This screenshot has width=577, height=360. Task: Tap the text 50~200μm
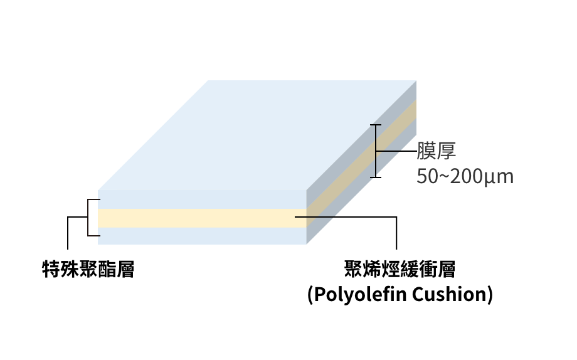(x=465, y=176)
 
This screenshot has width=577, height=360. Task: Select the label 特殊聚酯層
(x=88, y=270)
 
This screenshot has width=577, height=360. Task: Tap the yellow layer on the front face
(x=201, y=218)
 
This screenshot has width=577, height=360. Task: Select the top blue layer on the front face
(x=201, y=199)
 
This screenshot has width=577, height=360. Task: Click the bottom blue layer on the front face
(x=201, y=235)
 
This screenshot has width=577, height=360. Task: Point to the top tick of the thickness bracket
(x=376, y=125)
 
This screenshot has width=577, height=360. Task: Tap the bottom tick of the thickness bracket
(x=376, y=177)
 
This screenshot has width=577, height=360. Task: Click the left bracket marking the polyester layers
(x=88, y=218)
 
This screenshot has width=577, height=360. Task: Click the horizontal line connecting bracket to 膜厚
(x=396, y=152)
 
